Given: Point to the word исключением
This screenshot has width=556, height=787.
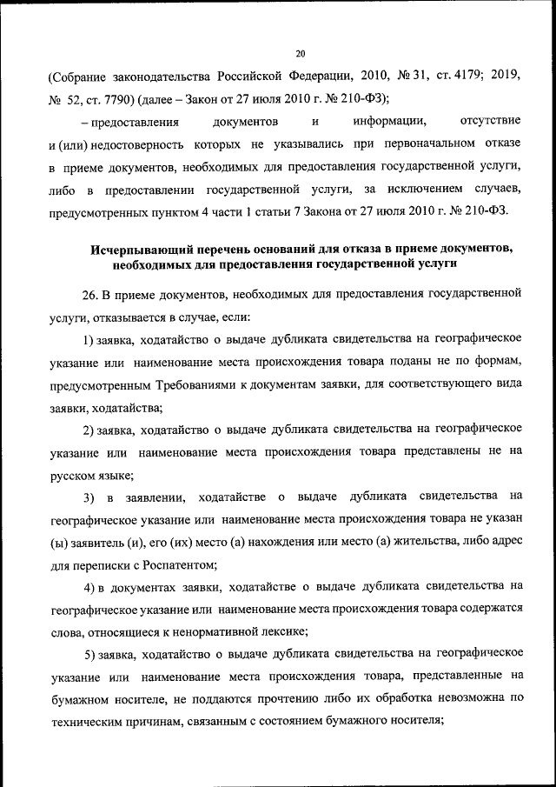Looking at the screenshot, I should (414, 188).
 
